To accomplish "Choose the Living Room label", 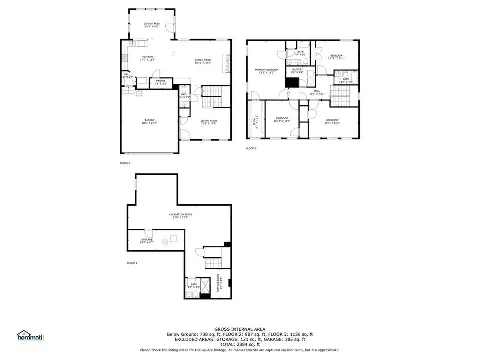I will point(208,121).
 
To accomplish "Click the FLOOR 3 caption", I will point(251,148).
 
